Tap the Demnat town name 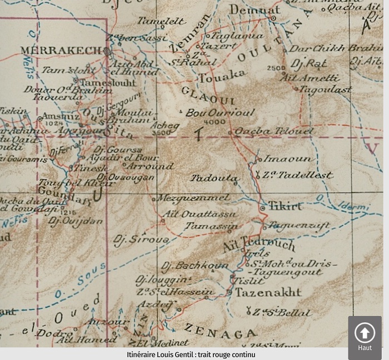[x=248, y=9]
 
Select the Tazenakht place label [x=268, y=292]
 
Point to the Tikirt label [x=286, y=206]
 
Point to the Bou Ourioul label [x=220, y=112]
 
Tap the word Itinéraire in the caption [x=146, y=354]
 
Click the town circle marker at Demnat [x=273, y=18]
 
